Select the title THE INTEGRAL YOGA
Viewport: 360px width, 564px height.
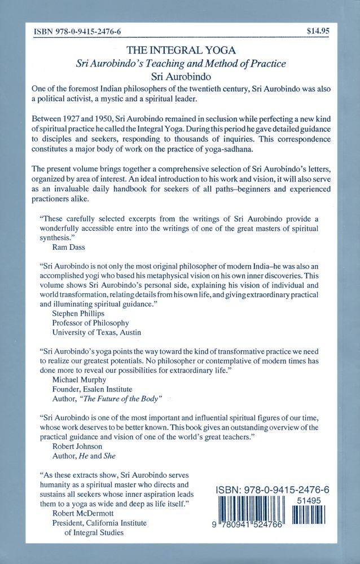coord(180,50)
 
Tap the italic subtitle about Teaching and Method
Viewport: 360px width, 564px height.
coord(180,63)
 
